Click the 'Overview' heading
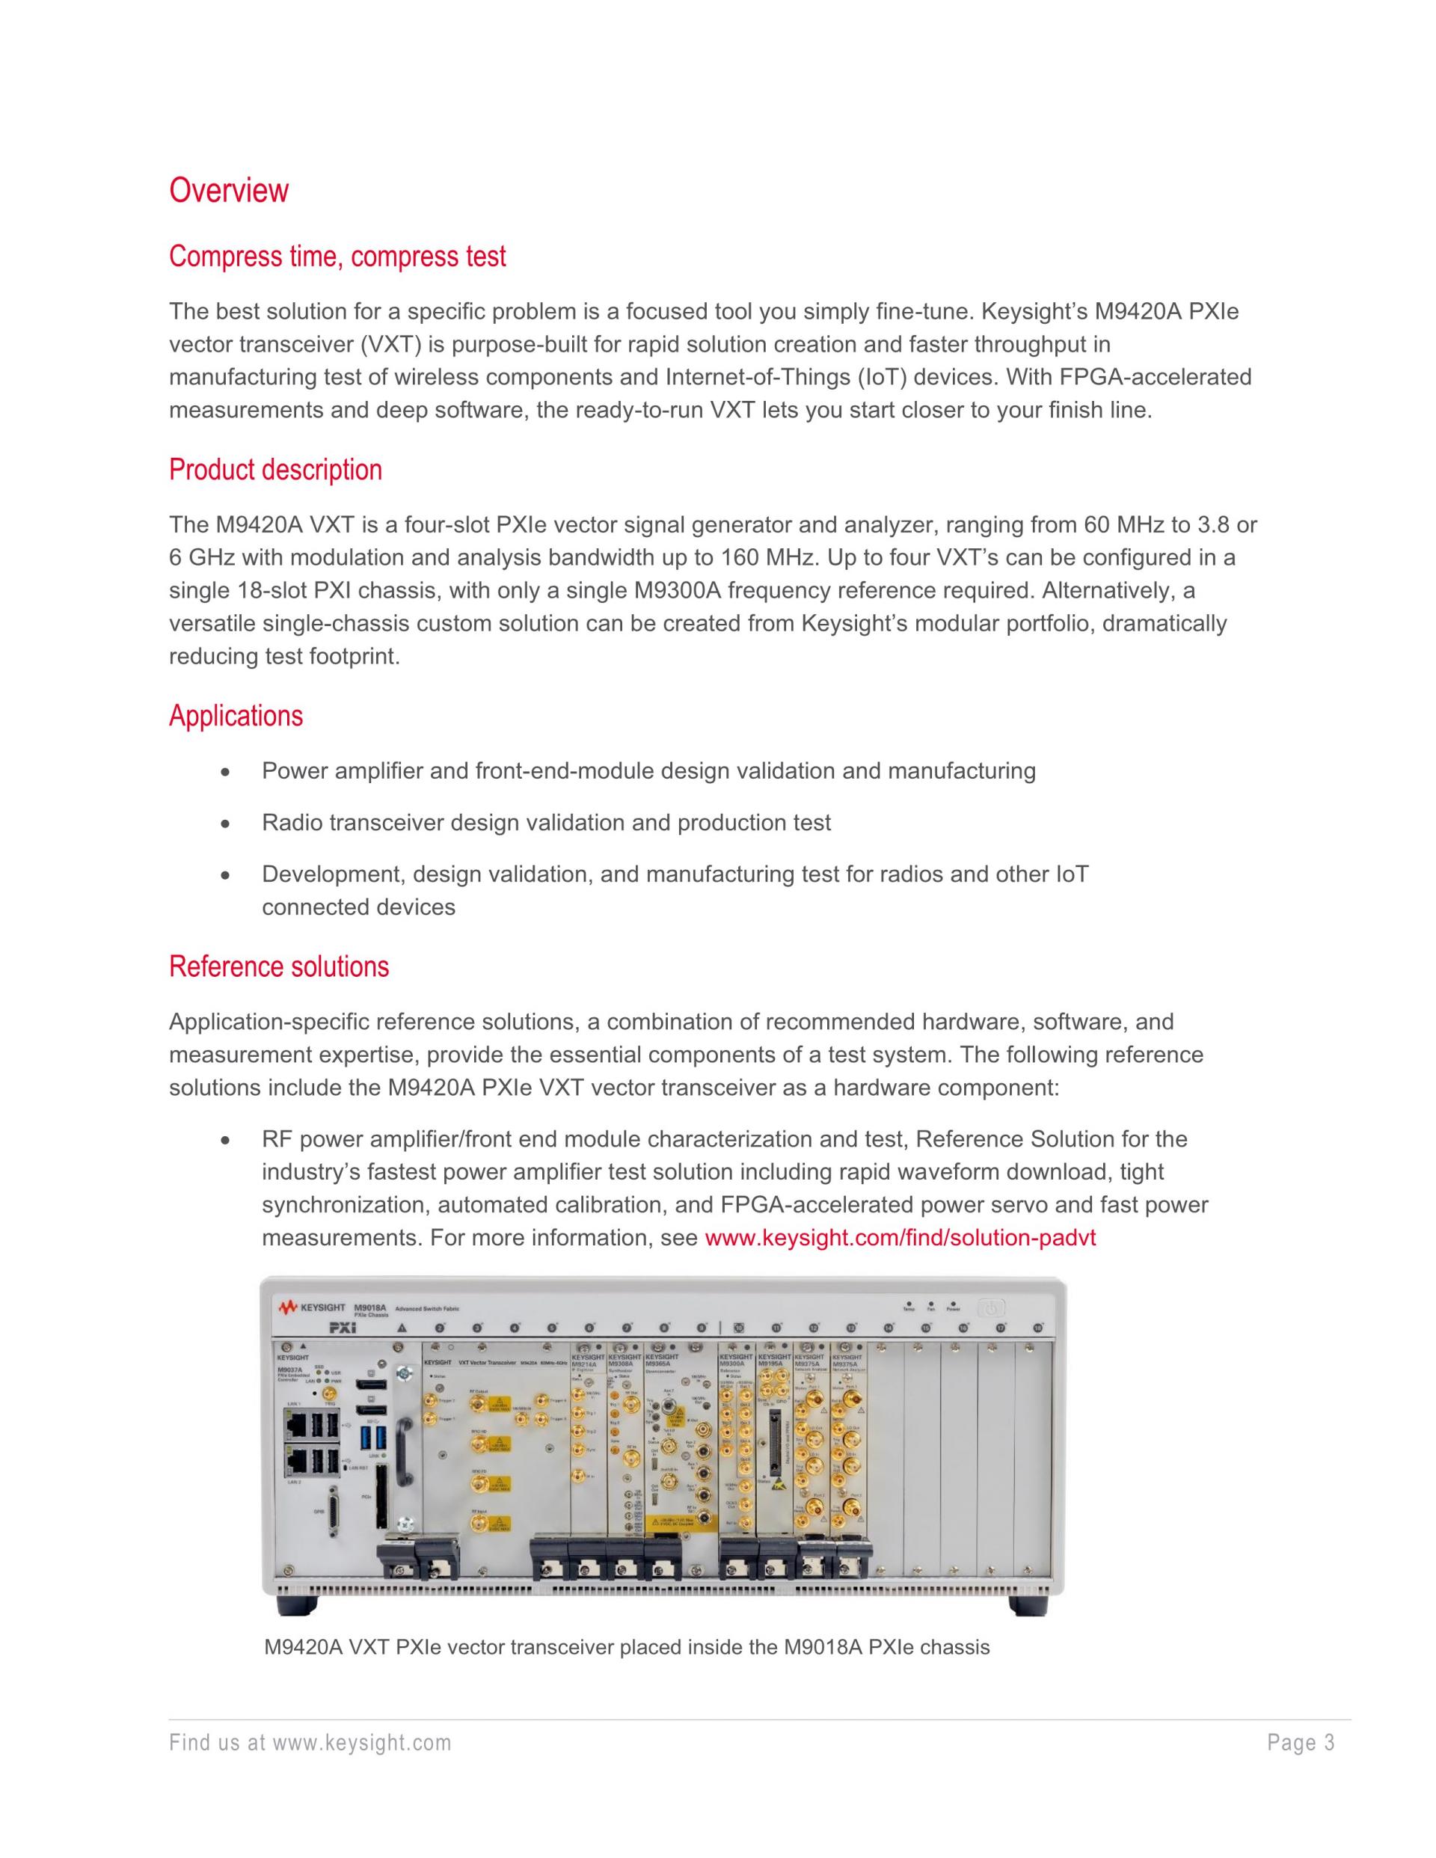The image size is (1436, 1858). (x=229, y=190)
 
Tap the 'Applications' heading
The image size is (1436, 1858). (x=236, y=716)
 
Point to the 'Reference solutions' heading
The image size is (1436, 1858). (x=278, y=966)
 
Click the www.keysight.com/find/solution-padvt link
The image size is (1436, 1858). (x=900, y=1237)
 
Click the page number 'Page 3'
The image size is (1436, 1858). (x=1301, y=1743)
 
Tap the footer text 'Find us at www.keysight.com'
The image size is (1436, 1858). (x=310, y=1743)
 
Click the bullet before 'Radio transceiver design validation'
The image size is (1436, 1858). (x=224, y=824)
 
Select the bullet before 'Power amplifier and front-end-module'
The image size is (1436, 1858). (x=224, y=773)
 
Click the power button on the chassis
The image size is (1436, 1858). (x=991, y=1307)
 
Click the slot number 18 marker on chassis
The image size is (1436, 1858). (x=1038, y=1328)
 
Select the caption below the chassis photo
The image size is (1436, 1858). (x=626, y=1648)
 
